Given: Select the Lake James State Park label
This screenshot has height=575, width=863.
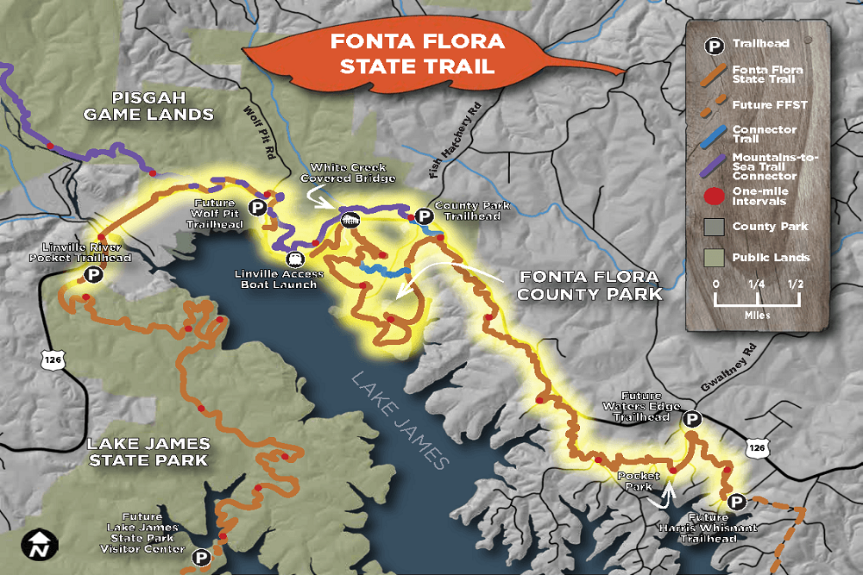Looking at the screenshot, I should coord(148,452).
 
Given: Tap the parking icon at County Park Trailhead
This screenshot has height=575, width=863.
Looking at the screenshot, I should coord(424,216).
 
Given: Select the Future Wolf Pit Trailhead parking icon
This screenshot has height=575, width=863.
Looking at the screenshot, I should coord(256,207).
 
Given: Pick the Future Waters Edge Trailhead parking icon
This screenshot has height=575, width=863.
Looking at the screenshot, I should coord(691,419).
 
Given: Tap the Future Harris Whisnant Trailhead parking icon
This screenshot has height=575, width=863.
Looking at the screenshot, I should coord(736,503).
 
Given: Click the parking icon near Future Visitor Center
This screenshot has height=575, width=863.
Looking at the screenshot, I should coord(201,558).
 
